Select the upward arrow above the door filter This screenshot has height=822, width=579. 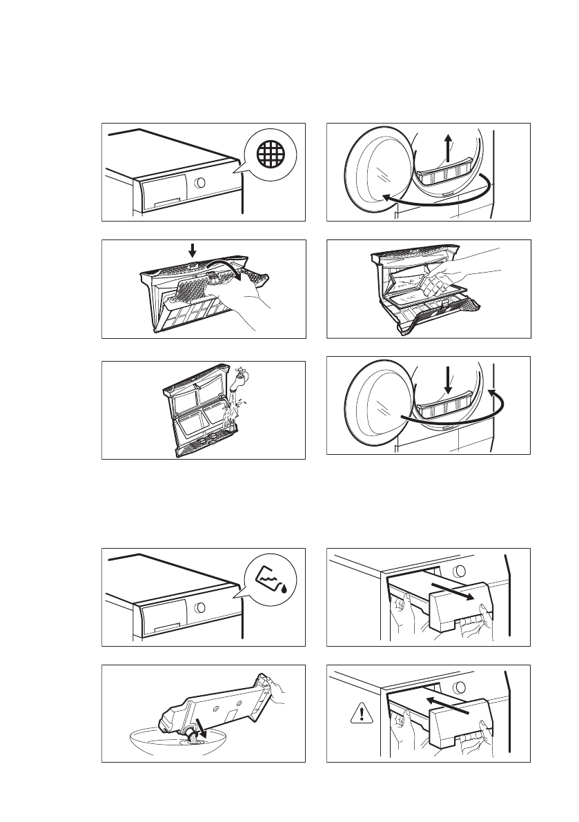(x=448, y=148)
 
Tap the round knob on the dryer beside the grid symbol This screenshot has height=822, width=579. (x=199, y=184)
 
